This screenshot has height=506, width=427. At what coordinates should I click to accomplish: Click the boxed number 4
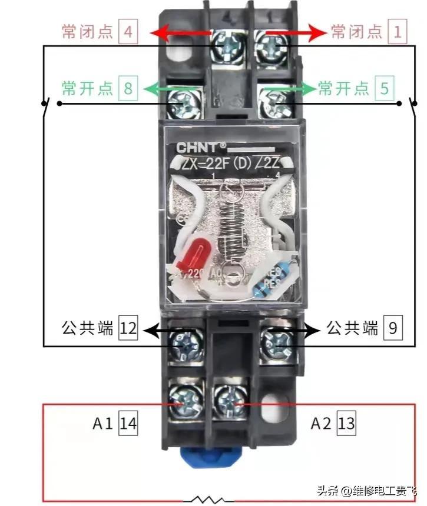coord(128,32)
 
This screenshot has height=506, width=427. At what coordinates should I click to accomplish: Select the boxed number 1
coord(397,32)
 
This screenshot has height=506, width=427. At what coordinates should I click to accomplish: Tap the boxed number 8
coord(128,89)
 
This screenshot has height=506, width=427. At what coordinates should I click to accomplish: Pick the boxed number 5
coord(384,89)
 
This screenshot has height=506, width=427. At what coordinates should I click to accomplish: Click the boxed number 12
coord(128,328)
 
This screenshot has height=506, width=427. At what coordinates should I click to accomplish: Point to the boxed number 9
coord(393,328)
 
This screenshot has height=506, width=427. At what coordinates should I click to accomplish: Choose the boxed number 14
coord(128,423)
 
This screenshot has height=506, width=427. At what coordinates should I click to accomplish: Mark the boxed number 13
coord(347,423)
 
